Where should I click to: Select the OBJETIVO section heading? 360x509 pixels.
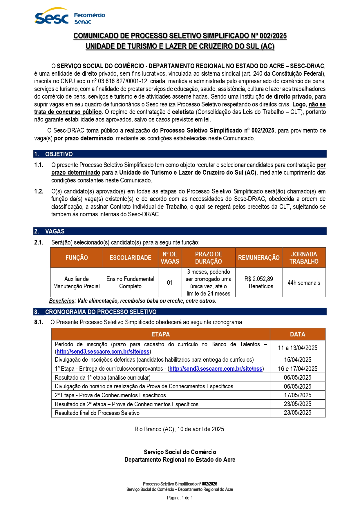[59, 154]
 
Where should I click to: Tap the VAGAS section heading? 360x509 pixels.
[55, 231]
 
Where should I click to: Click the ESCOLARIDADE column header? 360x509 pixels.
[130, 258]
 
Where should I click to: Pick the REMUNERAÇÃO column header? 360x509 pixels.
[259, 258]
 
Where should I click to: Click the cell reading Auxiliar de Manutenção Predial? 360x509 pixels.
[77, 282]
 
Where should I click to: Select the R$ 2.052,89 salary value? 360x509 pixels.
[259, 279]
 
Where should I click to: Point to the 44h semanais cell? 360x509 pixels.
[304, 283]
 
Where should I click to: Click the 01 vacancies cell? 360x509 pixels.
[170, 283]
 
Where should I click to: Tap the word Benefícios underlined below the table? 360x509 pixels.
[61, 301]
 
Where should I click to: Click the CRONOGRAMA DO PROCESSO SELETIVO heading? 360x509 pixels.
[101, 312]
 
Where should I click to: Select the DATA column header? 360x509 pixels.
[297, 334]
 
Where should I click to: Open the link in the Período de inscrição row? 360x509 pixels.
[103, 352]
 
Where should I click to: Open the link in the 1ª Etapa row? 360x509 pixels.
[216, 369]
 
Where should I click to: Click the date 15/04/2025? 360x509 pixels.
[297, 360]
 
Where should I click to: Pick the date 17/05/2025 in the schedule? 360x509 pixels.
[297, 395]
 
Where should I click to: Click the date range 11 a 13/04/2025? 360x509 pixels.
[297, 348]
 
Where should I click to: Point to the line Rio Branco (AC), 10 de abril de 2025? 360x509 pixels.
[180, 429]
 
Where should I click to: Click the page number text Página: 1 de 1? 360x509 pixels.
[180, 498]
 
